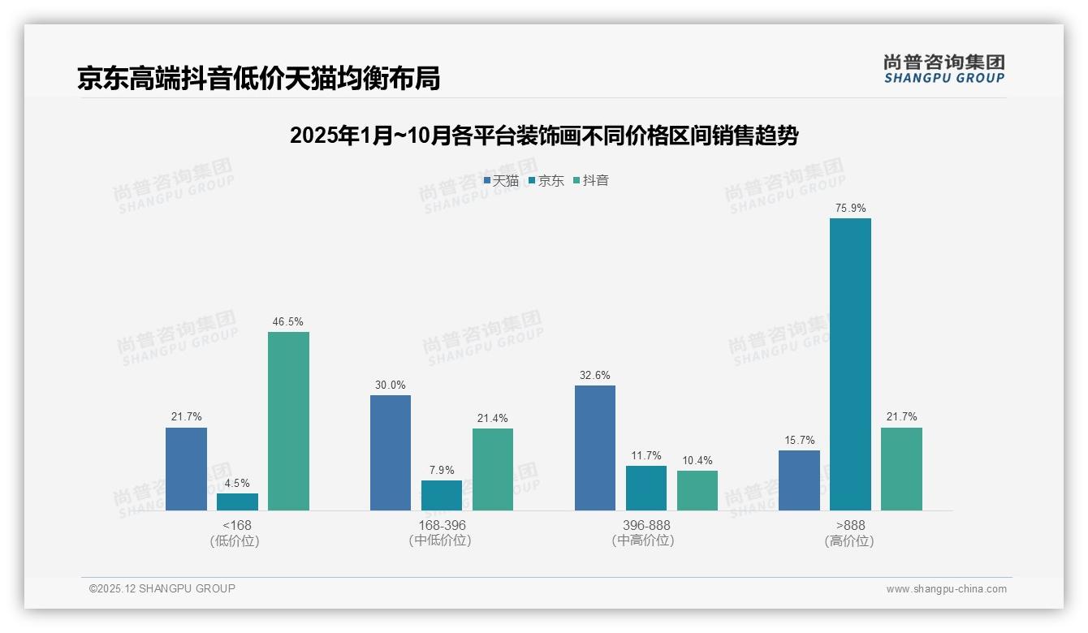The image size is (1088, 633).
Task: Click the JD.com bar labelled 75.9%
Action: pyautogui.click(x=850, y=364)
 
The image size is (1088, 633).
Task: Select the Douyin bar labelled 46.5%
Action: pyautogui.click(x=288, y=421)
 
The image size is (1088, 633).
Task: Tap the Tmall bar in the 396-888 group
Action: pyautogui.click(x=595, y=448)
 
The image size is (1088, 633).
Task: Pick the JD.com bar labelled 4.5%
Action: pyautogui.click(x=237, y=502)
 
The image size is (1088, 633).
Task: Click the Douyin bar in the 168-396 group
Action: pyautogui.click(x=493, y=469)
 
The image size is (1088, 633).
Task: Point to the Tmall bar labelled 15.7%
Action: pyautogui.click(x=799, y=480)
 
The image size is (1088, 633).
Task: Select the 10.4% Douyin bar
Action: pyautogui.click(x=697, y=490)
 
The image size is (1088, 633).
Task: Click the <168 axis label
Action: pyautogui.click(x=236, y=525)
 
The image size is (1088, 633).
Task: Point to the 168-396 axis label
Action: pyautogui.click(x=441, y=525)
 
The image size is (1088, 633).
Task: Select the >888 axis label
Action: pyautogui.click(x=849, y=525)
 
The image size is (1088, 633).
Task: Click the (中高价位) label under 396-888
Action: pyautogui.click(x=645, y=540)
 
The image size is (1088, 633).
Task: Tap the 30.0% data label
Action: pyautogui.click(x=390, y=385)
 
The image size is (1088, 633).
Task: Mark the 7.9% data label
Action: pyautogui.click(x=442, y=470)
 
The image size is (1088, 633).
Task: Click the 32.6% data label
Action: pyautogui.click(x=595, y=375)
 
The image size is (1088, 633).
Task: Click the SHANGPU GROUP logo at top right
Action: pyautogui.click(x=943, y=69)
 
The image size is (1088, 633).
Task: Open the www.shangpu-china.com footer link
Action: pyautogui.click(x=946, y=589)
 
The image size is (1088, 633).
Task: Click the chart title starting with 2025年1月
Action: pyautogui.click(x=544, y=136)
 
